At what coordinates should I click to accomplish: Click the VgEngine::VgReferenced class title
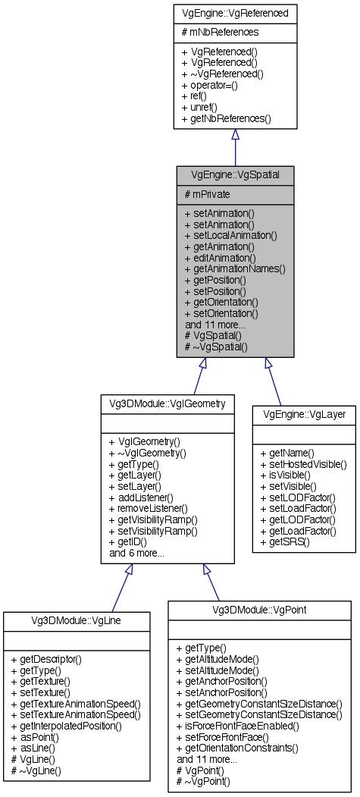click(x=235, y=13)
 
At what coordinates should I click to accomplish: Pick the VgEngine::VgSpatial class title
click(x=235, y=174)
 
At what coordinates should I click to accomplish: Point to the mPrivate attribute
click(x=208, y=194)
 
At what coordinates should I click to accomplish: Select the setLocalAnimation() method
click(x=230, y=236)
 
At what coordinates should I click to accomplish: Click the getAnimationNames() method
click(x=235, y=268)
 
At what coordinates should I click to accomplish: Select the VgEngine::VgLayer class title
click(x=303, y=415)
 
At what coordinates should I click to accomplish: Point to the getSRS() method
click(x=285, y=543)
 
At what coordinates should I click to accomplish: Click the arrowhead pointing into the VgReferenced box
click(x=235, y=134)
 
